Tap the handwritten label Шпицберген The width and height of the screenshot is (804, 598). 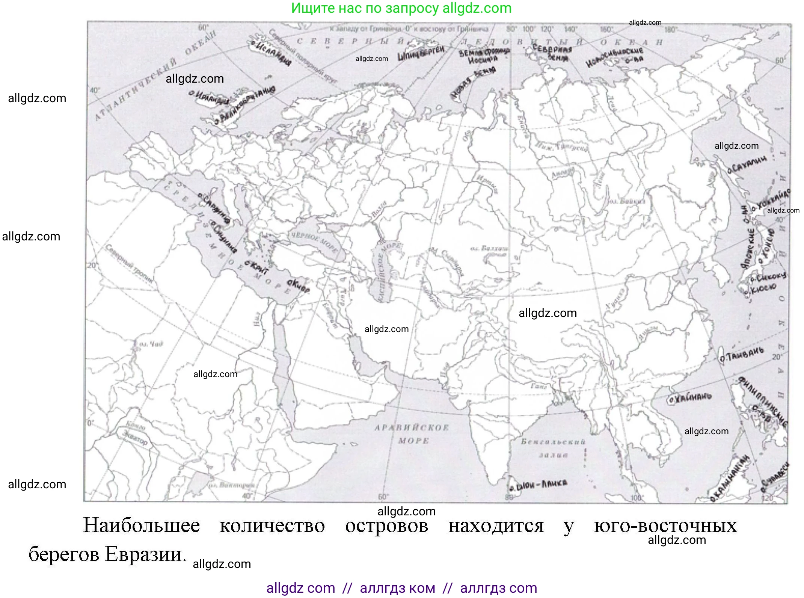click(x=421, y=53)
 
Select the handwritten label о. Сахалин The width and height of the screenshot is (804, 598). click(x=747, y=165)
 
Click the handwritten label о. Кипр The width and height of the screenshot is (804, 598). click(x=299, y=286)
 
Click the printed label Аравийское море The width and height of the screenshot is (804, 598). click(x=412, y=434)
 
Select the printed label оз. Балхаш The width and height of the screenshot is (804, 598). click(x=490, y=249)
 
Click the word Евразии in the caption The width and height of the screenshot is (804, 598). click(x=145, y=554)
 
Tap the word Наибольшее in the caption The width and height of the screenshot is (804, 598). click(x=142, y=526)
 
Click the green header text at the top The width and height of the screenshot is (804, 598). click(x=401, y=8)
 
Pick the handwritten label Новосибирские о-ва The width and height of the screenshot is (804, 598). click(x=614, y=57)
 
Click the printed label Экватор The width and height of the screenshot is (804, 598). click(x=135, y=438)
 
